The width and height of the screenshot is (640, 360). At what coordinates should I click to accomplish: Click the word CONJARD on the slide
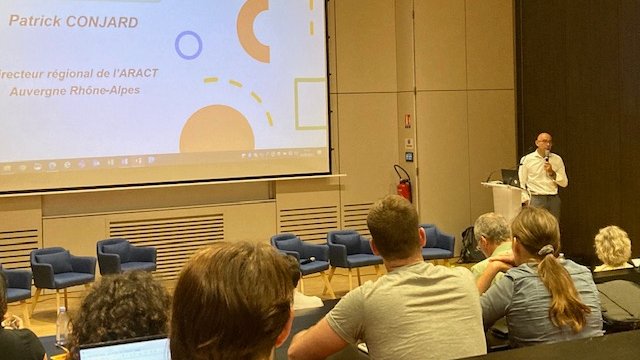coord(101,22)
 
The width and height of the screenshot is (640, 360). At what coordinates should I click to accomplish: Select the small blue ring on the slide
coord(188,44)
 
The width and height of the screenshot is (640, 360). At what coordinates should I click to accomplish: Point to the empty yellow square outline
coord(310,103)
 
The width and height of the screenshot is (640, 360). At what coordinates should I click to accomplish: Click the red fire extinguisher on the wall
coord(404,186)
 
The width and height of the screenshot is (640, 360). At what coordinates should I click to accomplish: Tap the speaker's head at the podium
coord(543,143)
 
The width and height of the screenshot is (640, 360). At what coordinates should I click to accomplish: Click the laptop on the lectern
coord(510,178)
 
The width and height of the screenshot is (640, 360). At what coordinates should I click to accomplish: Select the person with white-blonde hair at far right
coord(612,246)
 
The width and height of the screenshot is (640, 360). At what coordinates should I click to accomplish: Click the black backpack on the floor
coord(469,246)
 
